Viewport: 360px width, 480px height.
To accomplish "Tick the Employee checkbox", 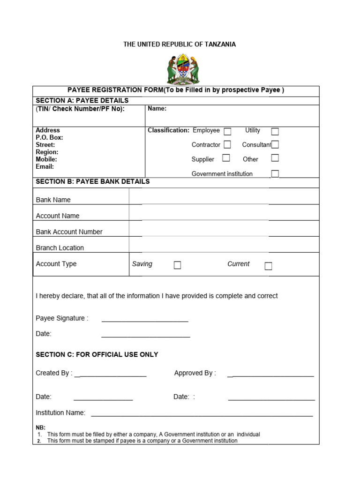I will pyautogui.click(x=227, y=132).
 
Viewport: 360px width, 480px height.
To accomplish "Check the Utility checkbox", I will pyautogui.click(x=275, y=132).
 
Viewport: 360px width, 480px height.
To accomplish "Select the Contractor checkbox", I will pyautogui.click(x=227, y=145).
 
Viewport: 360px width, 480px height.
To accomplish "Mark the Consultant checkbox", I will pyautogui.click(x=275, y=145).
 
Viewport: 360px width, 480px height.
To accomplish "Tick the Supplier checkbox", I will pyautogui.click(x=226, y=158).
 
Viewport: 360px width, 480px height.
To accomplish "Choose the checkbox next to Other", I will pyautogui.click(x=275, y=158).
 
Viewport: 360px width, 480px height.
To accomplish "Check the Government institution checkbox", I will pyautogui.click(x=275, y=173).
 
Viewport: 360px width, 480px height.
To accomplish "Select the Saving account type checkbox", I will pyautogui.click(x=177, y=265).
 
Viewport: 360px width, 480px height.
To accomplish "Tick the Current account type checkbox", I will pyautogui.click(x=268, y=266).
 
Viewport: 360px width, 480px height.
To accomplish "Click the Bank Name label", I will pyautogui.click(x=53, y=200).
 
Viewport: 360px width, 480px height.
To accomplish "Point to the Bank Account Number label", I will pyautogui.click(x=69, y=232).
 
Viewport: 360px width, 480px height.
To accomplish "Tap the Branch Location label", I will pyautogui.click(x=60, y=247).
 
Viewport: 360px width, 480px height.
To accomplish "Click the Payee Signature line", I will pyautogui.click(x=145, y=321).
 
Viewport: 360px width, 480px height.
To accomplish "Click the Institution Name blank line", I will pyautogui.click(x=202, y=415).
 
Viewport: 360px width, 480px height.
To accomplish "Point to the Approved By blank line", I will pyautogui.click(x=270, y=376).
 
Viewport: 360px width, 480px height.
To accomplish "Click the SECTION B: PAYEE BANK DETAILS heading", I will pyautogui.click(x=93, y=181).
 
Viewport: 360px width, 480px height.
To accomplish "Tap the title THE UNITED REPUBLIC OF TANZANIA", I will pyautogui.click(x=180, y=44).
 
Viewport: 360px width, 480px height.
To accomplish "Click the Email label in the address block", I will pyautogui.click(x=45, y=166).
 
